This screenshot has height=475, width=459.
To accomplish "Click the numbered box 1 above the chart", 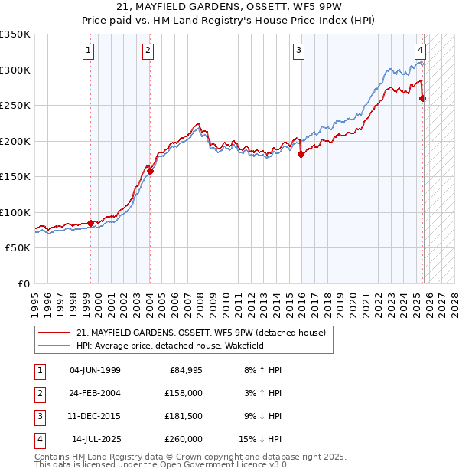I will pyautogui.click(x=89, y=51).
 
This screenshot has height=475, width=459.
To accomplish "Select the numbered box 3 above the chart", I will pyautogui.click(x=298, y=51).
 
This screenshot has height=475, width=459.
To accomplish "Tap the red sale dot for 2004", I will pyautogui.click(x=151, y=172).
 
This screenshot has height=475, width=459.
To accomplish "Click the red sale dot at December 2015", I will pyautogui.click(x=301, y=154).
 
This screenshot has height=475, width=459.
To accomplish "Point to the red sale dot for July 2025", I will pyautogui.click(x=423, y=98).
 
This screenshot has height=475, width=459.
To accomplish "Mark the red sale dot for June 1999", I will pyautogui.click(x=90, y=223).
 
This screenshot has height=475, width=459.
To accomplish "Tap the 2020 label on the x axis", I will pyautogui.click(x=354, y=298).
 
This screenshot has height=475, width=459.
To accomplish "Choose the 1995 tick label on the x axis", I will pyautogui.click(x=35, y=298).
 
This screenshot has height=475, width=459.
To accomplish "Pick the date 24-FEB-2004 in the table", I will pyautogui.click(x=95, y=393).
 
